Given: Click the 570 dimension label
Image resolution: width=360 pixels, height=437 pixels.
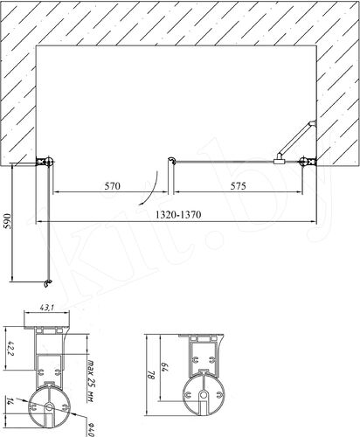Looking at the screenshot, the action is pyautogui.click(x=112, y=186).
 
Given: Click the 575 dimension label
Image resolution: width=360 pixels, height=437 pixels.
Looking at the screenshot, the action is pyautogui.click(x=238, y=186).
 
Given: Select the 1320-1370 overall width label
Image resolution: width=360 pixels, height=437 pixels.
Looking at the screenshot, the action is pyautogui.click(x=178, y=215).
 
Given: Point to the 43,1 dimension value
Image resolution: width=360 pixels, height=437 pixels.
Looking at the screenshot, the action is pyautogui.click(x=46, y=307).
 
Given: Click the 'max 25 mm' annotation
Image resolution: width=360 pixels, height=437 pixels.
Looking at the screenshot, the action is pyautogui.click(x=91, y=382).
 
